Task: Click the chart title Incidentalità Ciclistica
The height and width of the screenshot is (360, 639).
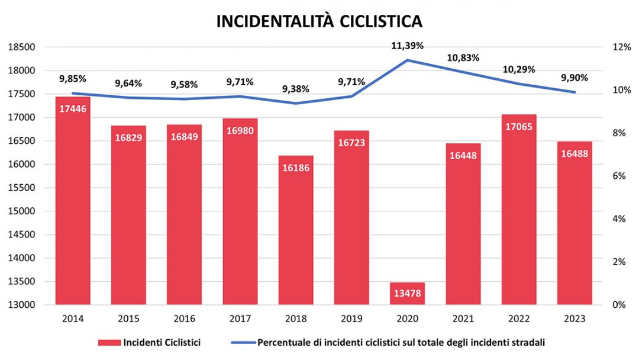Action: [319, 21]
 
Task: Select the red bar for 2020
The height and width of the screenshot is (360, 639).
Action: [408, 294]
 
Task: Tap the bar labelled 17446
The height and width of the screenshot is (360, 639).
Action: [73, 201]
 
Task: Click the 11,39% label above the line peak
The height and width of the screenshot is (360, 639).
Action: [408, 46]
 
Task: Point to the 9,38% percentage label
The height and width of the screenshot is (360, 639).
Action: [296, 89]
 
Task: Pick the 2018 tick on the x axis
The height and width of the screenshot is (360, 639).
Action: [296, 319]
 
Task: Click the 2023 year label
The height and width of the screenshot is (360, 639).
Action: [575, 319]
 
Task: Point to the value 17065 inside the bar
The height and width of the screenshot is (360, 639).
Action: [519, 126]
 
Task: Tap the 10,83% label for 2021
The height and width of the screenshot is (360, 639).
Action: [464, 58]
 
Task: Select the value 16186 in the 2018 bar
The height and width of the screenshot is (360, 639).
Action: [296, 168]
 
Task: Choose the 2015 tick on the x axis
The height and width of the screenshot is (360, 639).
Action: [128, 319]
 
